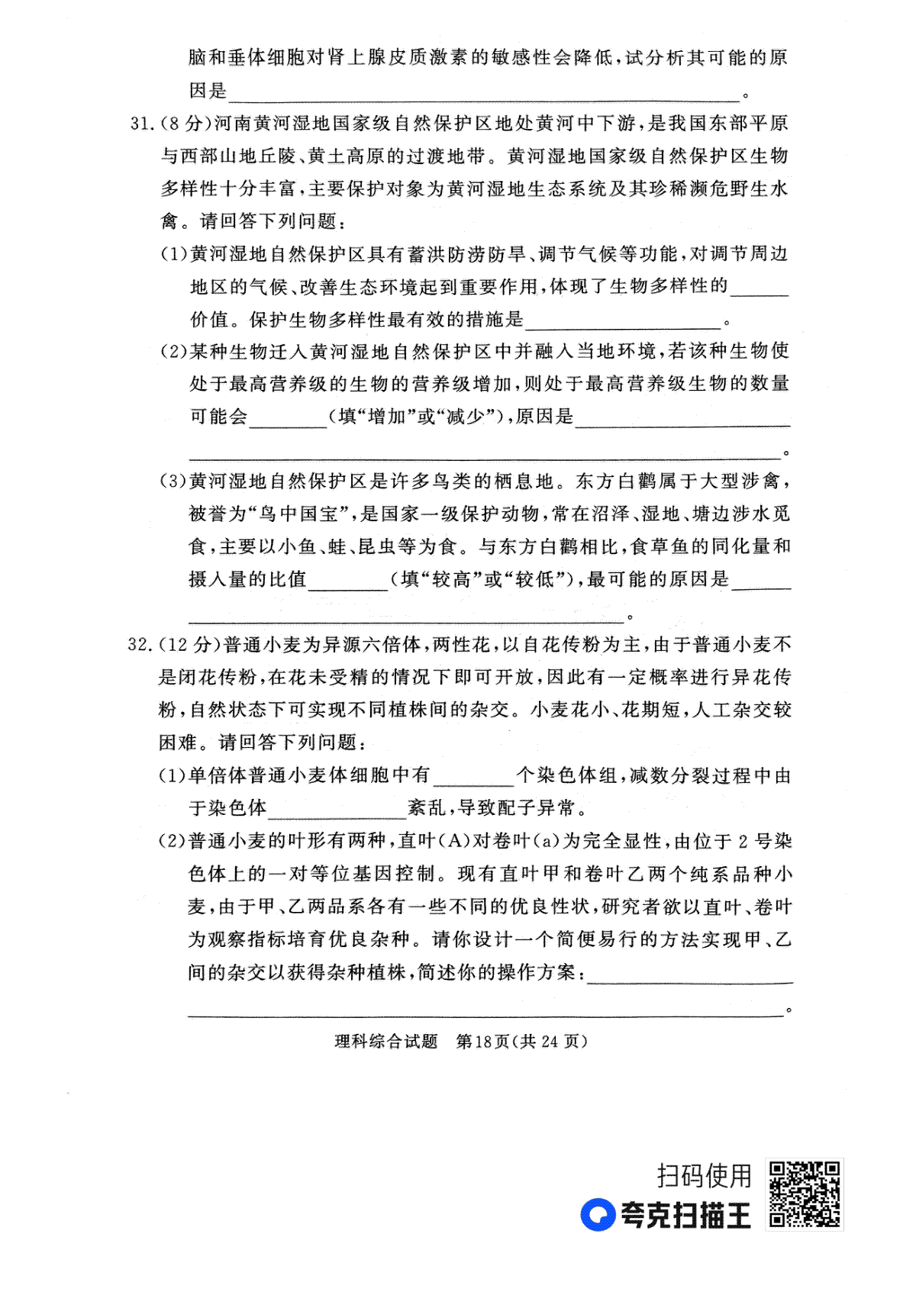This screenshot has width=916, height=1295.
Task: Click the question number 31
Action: (142, 123)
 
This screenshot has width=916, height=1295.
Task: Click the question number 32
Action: (142, 645)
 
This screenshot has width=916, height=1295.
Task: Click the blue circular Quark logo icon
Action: (598, 1215)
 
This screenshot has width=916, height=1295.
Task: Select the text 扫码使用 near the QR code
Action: (705, 1175)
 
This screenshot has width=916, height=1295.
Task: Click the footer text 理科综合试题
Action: (386, 1042)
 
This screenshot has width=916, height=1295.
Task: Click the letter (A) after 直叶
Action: (457, 842)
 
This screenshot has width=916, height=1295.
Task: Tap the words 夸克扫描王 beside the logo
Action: (685, 1215)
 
